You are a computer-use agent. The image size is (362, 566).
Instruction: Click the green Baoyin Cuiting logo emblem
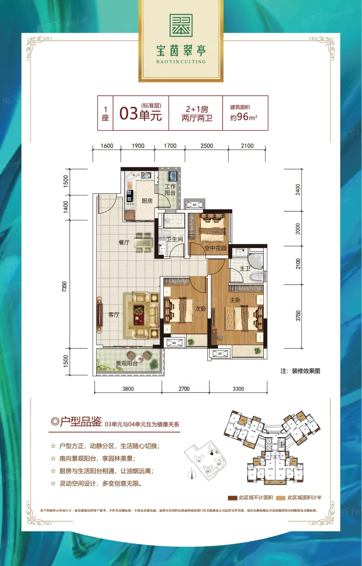[x=181, y=25]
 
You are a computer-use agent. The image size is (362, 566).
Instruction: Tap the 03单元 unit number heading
[x=140, y=114]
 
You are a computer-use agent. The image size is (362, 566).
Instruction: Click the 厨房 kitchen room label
[x=147, y=201]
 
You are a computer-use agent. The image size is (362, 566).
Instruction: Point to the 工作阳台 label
[x=170, y=190]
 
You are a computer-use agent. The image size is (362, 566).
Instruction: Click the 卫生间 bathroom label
[x=175, y=239]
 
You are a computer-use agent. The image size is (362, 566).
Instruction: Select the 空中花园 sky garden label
[x=215, y=248]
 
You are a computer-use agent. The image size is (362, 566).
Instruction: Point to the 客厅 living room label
[x=114, y=315]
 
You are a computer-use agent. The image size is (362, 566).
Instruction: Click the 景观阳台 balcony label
[x=127, y=363]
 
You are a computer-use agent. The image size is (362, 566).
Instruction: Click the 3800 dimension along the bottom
[x=128, y=389]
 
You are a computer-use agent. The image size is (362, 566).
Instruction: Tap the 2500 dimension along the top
[x=206, y=146]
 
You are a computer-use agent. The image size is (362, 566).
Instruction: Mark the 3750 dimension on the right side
[x=298, y=316]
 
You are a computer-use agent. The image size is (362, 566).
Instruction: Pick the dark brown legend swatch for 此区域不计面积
[x=232, y=498]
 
